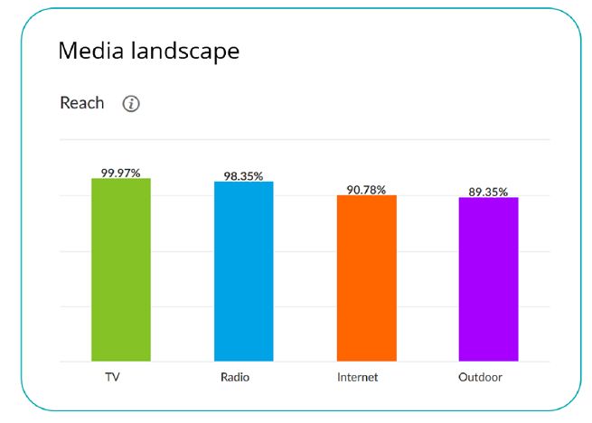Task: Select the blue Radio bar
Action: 243,271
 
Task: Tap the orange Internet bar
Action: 366,278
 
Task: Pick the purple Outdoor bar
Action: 488,279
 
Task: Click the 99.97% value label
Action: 121,172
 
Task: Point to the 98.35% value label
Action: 243,175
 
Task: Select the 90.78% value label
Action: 366,190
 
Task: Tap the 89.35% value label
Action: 488,192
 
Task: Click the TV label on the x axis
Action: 113,377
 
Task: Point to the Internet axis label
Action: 359,377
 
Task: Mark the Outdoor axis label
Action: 480,377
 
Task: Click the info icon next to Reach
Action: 131,104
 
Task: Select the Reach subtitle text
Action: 82,103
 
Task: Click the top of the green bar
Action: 121,179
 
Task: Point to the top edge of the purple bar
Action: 488,198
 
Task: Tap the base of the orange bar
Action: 366,360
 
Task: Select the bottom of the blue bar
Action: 243,360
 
